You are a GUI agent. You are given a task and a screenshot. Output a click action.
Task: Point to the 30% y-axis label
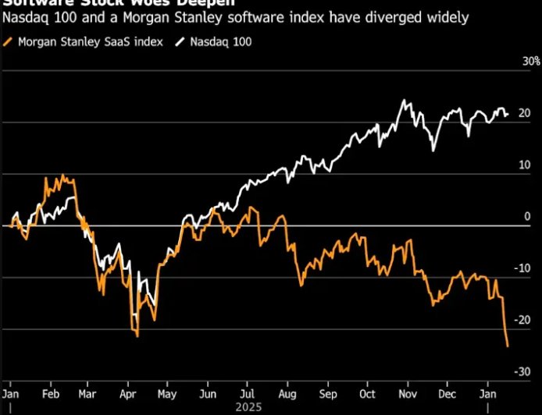(x=531, y=61)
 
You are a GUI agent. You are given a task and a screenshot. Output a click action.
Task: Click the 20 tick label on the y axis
(x=525, y=113)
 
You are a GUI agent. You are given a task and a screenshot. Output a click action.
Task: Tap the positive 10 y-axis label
(x=525, y=165)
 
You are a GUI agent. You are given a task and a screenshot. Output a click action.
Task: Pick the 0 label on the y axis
(x=528, y=217)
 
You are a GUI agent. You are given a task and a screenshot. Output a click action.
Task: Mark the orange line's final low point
(x=508, y=346)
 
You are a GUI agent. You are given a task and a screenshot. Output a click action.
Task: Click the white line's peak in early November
(x=404, y=101)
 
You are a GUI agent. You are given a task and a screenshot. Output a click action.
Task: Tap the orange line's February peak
(x=62, y=176)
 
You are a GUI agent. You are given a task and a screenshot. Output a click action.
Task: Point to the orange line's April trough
(x=137, y=336)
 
